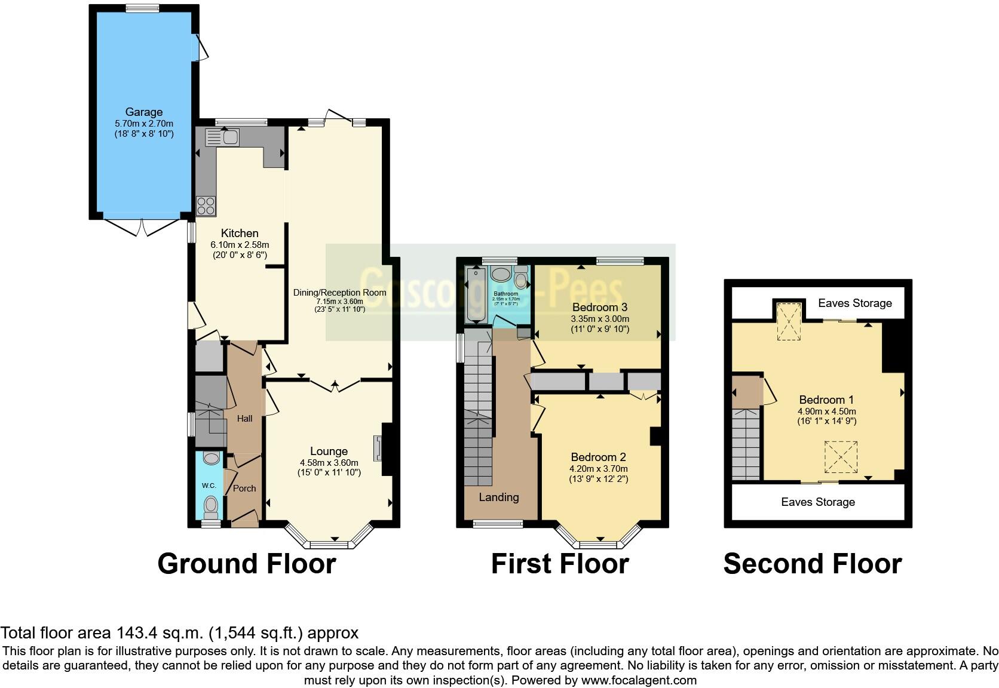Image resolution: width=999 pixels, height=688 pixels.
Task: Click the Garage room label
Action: click(x=143, y=112)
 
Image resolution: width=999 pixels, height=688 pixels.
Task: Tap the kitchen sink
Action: click(x=221, y=137)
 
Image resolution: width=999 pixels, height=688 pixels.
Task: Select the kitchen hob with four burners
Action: click(x=206, y=206)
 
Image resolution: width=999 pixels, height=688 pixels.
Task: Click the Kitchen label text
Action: click(x=240, y=233)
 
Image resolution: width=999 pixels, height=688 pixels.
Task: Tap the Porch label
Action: click(x=244, y=488)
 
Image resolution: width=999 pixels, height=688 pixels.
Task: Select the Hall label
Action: click(x=244, y=419)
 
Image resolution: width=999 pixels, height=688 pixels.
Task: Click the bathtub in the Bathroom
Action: click(x=476, y=295)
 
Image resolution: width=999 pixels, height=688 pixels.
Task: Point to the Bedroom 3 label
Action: click(x=599, y=307)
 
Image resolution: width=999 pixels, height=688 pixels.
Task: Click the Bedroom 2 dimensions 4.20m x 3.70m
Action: click(x=599, y=469)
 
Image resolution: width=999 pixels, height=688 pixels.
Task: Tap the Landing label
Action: click(x=499, y=497)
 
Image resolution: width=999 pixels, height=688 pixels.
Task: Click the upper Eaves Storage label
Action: click(x=854, y=303)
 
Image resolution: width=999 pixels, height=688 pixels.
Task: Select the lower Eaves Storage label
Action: click(x=817, y=502)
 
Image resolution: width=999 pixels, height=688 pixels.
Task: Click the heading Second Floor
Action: click(x=812, y=564)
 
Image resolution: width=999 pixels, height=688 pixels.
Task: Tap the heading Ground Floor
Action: click(x=246, y=564)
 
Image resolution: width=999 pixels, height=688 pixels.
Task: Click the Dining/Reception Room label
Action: click(x=339, y=293)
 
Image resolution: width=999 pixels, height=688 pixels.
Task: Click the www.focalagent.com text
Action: click(x=638, y=680)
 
